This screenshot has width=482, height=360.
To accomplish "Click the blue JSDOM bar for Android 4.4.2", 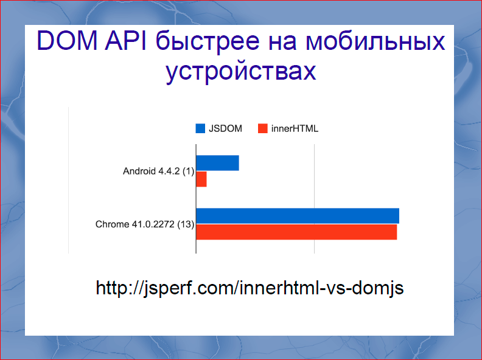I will click(x=217, y=163).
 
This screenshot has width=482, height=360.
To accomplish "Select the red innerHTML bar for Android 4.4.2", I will click(x=201, y=179).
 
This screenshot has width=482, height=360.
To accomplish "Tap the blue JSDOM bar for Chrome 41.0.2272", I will click(x=298, y=216).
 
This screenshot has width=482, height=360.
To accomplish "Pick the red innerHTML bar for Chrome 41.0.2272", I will click(x=296, y=232).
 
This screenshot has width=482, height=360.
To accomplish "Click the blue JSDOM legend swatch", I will click(x=200, y=128).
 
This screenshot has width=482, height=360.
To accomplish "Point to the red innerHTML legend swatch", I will click(x=263, y=128).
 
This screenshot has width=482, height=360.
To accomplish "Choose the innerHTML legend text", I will click(x=295, y=128).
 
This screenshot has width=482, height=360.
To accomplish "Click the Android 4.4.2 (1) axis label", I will click(x=158, y=171).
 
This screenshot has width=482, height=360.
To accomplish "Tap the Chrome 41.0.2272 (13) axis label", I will click(x=145, y=224).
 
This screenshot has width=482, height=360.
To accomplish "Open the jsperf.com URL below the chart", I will click(x=250, y=287).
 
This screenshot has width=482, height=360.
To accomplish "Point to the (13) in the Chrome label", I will click(x=186, y=224).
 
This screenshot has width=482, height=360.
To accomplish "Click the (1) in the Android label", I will click(x=188, y=171).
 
